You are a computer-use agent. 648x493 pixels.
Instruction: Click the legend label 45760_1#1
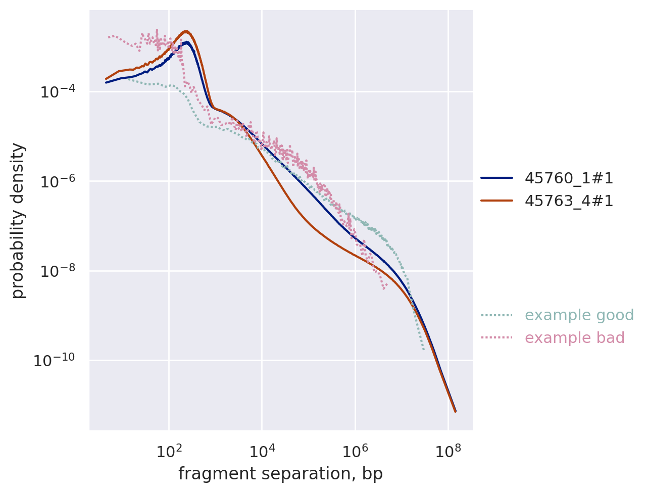click(x=569, y=178)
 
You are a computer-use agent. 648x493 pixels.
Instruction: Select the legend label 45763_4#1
click(x=569, y=201)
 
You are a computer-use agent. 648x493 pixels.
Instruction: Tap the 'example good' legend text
click(x=579, y=315)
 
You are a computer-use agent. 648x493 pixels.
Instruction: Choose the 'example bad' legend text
click(x=574, y=338)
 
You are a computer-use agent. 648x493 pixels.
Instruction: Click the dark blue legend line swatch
click(x=496, y=178)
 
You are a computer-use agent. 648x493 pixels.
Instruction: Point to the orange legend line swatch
click(x=496, y=201)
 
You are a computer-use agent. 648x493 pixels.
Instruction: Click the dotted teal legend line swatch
click(x=496, y=316)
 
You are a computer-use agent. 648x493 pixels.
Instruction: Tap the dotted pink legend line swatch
click(x=496, y=338)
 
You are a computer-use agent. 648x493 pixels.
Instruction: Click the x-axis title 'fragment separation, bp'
click(x=280, y=474)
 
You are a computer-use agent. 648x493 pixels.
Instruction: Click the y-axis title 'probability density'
click(x=18, y=220)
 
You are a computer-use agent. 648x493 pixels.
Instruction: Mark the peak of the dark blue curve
click(x=187, y=42)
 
